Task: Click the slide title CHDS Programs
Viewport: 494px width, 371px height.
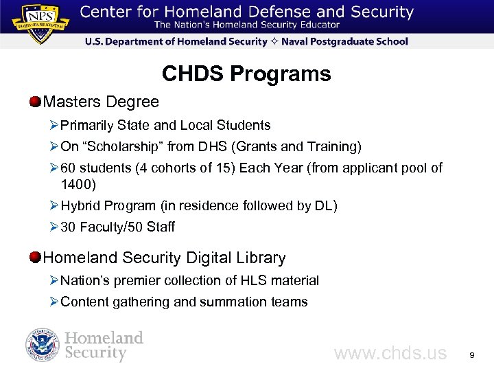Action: (x=246, y=74)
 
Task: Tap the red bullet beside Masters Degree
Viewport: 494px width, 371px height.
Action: (x=35, y=102)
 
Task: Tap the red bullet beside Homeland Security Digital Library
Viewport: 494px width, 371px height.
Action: (x=35, y=258)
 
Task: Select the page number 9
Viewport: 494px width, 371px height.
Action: (x=471, y=355)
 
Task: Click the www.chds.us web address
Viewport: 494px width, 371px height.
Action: (x=390, y=353)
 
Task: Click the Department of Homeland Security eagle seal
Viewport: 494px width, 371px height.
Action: (x=43, y=345)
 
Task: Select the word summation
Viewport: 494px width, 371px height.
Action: (x=242, y=302)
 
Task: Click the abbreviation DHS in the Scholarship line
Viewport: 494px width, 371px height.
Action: (x=209, y=146)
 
